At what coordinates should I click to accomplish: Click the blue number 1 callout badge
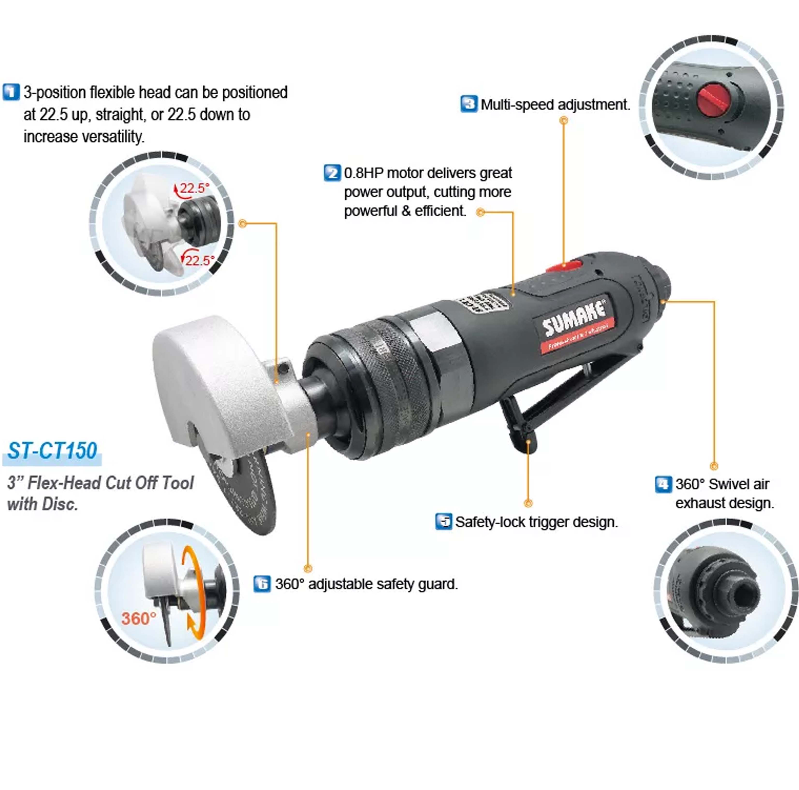coord(11,92)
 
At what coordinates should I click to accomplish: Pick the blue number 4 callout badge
coord(663,484)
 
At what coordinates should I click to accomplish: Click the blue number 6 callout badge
coord(262,584)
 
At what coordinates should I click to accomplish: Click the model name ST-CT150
coord(52,451)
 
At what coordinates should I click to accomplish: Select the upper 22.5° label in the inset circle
coord(194,188)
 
